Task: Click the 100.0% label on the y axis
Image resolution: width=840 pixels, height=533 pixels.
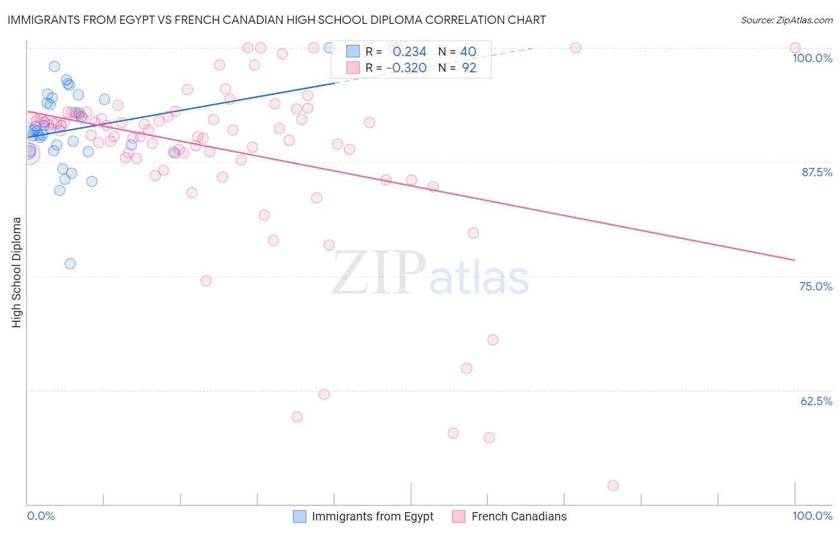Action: point(812,58)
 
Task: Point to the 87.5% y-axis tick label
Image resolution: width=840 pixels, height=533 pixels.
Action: point(817,172)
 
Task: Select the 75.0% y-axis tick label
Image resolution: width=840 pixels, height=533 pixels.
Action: point(816,286)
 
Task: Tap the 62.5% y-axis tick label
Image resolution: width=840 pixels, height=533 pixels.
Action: point(816,401)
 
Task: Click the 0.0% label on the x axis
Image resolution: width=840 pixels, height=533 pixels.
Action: point(41,516)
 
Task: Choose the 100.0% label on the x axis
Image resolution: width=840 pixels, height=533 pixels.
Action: point(812,516)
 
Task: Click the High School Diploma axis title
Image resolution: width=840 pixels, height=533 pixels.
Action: point(17,272)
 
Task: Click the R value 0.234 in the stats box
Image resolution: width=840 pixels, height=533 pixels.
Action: point(409,52)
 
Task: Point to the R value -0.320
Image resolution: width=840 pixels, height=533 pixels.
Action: point(406,68)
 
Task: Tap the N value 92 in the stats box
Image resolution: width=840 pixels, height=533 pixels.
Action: point(469,68)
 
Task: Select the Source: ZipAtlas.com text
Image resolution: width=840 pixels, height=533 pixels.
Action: point(786,20)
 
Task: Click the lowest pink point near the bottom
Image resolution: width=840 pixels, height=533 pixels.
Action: point(612,485)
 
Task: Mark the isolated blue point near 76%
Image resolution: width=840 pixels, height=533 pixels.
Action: point(70,264)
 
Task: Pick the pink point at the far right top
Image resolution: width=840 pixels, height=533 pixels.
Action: point(795,48)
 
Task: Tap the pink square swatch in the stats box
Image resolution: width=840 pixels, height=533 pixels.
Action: point(353,68)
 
